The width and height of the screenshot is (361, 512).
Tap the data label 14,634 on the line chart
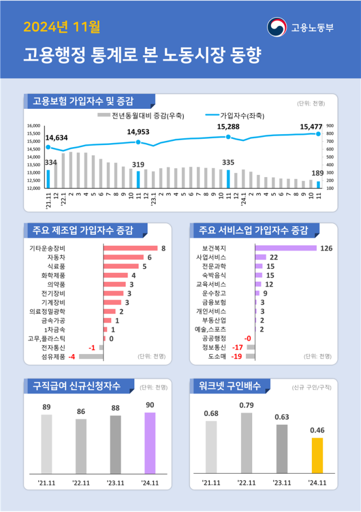(x=56, y=138)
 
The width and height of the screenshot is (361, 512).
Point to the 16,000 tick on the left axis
(x=34, y=126)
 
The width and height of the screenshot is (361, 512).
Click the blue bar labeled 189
(x=319, y=184)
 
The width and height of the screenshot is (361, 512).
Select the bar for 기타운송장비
(x=130, y=248)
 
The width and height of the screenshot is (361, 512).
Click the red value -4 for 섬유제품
(x=72, y=356)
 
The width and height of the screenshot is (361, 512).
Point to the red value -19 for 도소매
(x=237, y=356)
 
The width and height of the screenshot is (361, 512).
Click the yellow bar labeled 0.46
(x=318, y=455)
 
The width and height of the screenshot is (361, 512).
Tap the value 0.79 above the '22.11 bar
(x=246, y=405)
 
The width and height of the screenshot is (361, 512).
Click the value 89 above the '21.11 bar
(x=47, y=407)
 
